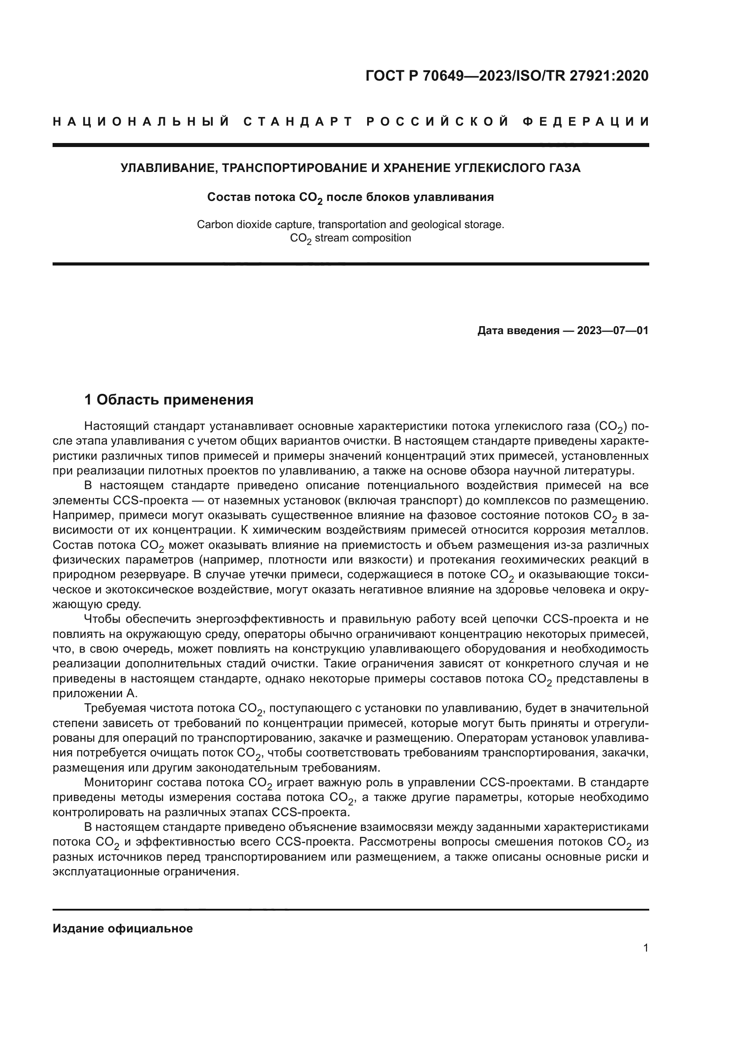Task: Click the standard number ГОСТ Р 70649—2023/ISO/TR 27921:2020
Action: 507,76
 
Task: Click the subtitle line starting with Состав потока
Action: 350,197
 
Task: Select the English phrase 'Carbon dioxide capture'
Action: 254,225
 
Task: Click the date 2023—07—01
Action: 613,331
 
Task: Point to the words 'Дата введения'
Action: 518,331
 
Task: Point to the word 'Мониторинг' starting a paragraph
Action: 119,782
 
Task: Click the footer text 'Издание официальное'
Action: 123,928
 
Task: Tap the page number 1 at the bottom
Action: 645,948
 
